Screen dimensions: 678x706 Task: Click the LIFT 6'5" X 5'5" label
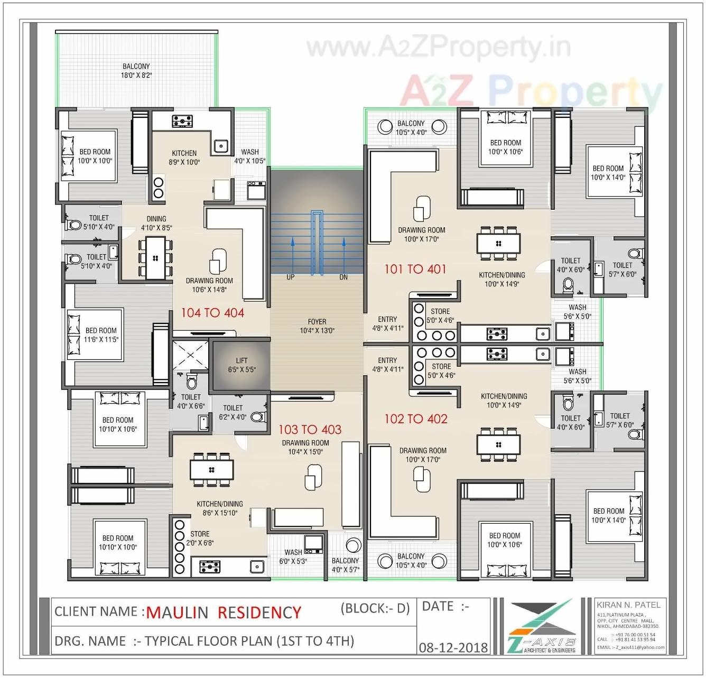pyautogui.click(x=241, y=365)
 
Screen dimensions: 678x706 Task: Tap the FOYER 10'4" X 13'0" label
pyautogui.click(x=317, y=326)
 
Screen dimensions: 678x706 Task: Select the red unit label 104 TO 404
pyautogui.click(x=212, y=313)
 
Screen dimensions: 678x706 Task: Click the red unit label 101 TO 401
pyautogui.click(x=415, y=269)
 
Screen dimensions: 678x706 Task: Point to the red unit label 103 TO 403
pyautogui.click(x=310, y=430)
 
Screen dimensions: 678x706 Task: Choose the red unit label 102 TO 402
pyautogui.click(x=416, y=419)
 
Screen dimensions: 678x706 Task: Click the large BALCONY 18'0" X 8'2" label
pyautogui.click(x=136, y=71)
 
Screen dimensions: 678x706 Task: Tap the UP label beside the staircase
pyautogui.click(x=290, y=277)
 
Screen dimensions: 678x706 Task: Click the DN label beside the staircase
pyautogui.click(x=343, y=277)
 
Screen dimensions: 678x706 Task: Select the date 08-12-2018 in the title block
pyautogui.click(x=453, y=647)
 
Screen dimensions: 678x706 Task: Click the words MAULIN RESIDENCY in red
pyautogui.click(x=224, y=612)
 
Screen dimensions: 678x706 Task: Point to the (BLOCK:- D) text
pyautogui.click(x=375, y=608)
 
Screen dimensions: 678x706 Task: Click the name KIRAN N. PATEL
pyautogui.click(x=628, y=605)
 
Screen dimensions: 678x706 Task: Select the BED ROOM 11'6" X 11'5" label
pyautogui.click(x=101, y=335)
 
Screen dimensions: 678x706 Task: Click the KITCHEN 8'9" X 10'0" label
pyautogui.click(x=184, y=157)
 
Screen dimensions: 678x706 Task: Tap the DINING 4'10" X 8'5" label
pyautogui.click(x=156, y=223)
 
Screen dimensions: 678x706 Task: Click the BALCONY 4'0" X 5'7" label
pyautogui.click(x=345, y=565)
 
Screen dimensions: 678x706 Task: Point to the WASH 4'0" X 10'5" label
pyautogui.click(x=250, y=156)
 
